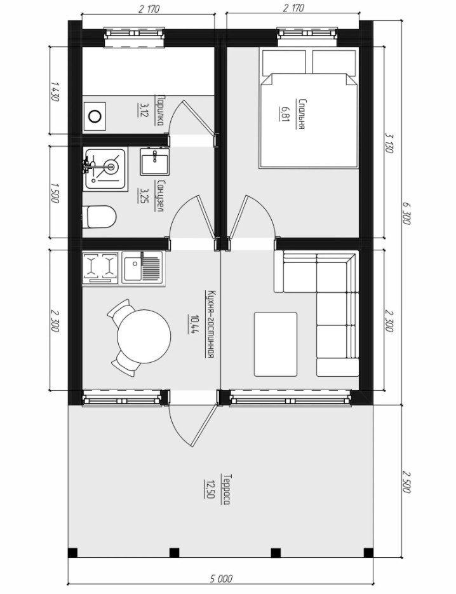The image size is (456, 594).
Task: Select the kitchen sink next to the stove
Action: (x=142, y=267)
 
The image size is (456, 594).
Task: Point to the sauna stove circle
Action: (x=95, y=116)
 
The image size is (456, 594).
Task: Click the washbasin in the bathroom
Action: (x=155, y=162)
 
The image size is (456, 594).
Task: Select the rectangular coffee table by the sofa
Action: (x=276, y=344)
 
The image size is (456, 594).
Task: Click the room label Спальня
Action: (x=302, y=114)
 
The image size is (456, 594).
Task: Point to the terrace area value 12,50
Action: (x=208, y=489)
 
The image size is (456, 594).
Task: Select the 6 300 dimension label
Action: (x=406, y=213)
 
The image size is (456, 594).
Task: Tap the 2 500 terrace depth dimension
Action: (x=406, y=482)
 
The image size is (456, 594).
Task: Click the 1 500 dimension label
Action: (x=55, y=192)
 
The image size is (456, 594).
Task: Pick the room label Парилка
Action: (x=160, y=111)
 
